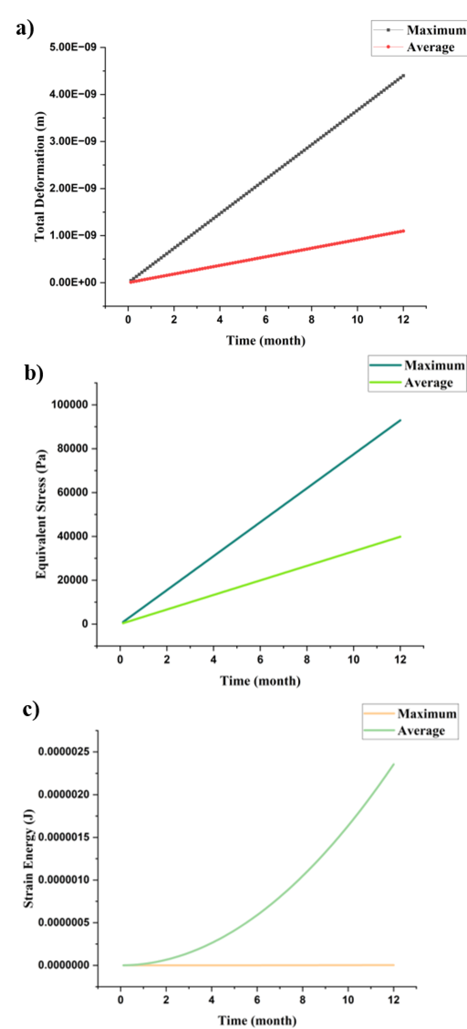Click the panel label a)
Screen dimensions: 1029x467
25,29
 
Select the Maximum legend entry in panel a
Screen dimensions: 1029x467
435,30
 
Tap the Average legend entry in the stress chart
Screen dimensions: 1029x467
428,383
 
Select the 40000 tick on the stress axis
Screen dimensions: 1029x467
72,536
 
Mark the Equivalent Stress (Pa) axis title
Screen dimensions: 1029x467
41,514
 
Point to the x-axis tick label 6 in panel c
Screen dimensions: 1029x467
257,1000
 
